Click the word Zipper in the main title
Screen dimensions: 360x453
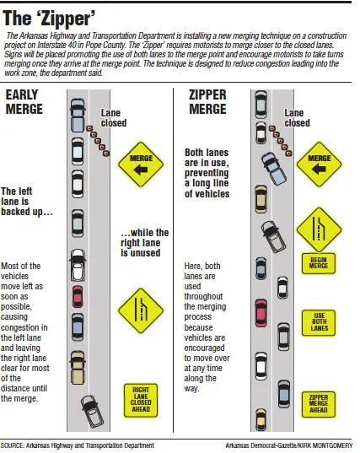tap(67, 19)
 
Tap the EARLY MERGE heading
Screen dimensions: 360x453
tap(24, 102)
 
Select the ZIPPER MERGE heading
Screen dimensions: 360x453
tap(207, 102)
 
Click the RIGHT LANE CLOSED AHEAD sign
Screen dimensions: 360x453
tap(141, 400)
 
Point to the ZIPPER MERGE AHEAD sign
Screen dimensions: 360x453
tap(319, 404)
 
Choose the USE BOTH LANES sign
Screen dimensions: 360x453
tap(319, 323)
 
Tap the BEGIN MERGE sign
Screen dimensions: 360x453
tap(319, 263)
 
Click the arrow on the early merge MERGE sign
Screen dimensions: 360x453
tap(140, 170)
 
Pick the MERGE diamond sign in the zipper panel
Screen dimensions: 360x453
tap(319, 164)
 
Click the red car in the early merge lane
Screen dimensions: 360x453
tap(78, 297)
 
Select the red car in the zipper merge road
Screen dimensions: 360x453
tap(261, 313)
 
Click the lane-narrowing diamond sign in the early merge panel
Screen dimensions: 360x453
tap(141, 310)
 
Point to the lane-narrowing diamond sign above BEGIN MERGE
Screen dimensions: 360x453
tap(319, 229)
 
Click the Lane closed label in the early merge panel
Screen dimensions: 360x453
tap(114, 118)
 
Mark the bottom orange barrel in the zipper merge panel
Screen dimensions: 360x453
tap(288, 153)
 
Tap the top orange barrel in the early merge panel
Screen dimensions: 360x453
tap(89, 128)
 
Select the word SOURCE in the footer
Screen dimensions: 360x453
tap(12, 445)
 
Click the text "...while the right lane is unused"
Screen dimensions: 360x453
tap(145, 243)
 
